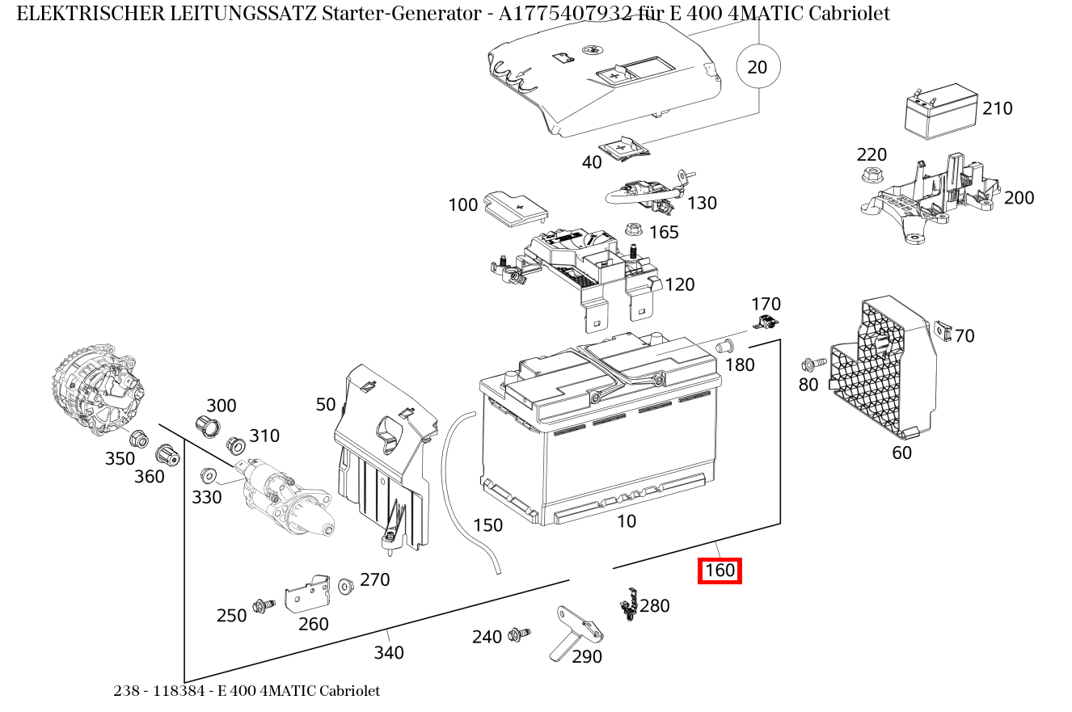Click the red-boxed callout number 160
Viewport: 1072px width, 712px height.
tap(720, 571)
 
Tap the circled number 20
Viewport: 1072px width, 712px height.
tap(758, 67)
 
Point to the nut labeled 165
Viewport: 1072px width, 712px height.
tap(633, 230)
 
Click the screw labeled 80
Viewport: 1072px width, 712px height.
tap(813, 364)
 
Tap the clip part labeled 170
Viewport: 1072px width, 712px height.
tap(765, 323)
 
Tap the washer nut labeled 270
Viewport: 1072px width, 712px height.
tap(346, 584)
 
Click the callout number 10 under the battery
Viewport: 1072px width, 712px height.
tap(627, 521)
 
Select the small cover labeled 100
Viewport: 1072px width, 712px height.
tap(514, 208)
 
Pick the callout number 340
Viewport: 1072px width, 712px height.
tap(388, 652)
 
